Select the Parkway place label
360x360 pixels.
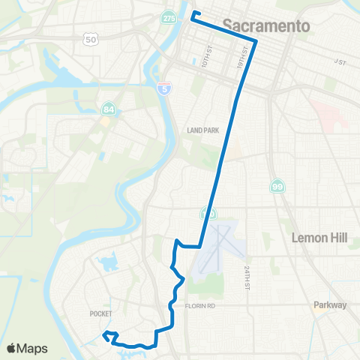point(330,305)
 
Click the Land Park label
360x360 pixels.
point(202,130)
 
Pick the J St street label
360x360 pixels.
point(341,62)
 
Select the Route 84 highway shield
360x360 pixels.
point(109,109)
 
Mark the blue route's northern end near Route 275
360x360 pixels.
point(193,13)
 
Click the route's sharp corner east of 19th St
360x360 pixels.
point(256,41)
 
